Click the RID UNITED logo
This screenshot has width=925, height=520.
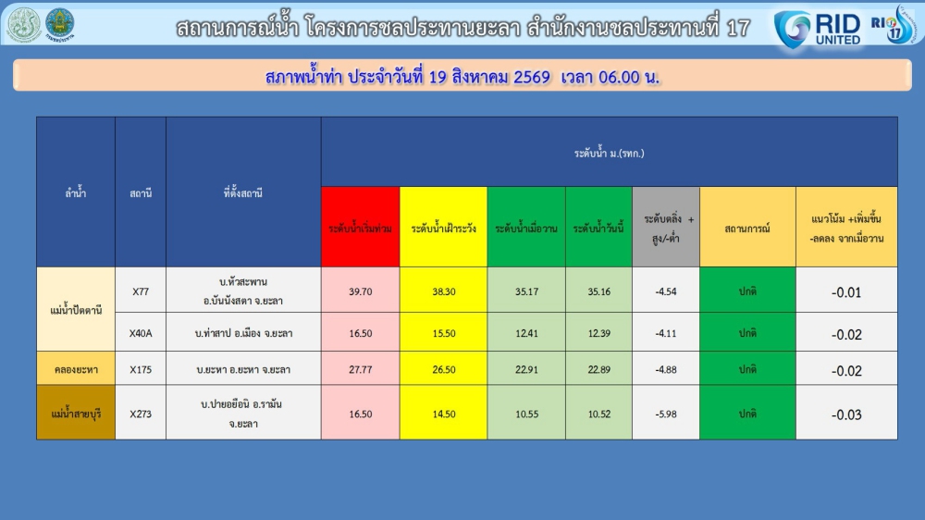[818, 30]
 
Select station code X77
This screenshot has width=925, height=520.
[141, 291]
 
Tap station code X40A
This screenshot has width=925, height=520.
[141, 333]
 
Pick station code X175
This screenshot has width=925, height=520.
[141, 370]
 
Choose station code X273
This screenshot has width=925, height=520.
[141, 415]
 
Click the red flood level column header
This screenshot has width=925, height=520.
[361, 228]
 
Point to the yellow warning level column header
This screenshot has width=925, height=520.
[444, 228]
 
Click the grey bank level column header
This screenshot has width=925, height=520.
[666, 228]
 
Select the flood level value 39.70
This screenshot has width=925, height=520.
[361, 291]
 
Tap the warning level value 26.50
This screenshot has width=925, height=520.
[444, 370]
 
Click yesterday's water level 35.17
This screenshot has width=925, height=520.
[527, 291]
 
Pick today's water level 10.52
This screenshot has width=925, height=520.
[598, 415]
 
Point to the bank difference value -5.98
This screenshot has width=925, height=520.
[666, 415]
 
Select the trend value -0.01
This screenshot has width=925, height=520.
[846, 292]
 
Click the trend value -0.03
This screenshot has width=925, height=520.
[846, 415]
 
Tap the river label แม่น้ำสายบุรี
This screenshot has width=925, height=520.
[76, 414]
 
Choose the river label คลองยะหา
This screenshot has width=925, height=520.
[76, 370]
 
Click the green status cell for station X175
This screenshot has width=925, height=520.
[747, 369]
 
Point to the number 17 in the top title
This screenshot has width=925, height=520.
[738, 28]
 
